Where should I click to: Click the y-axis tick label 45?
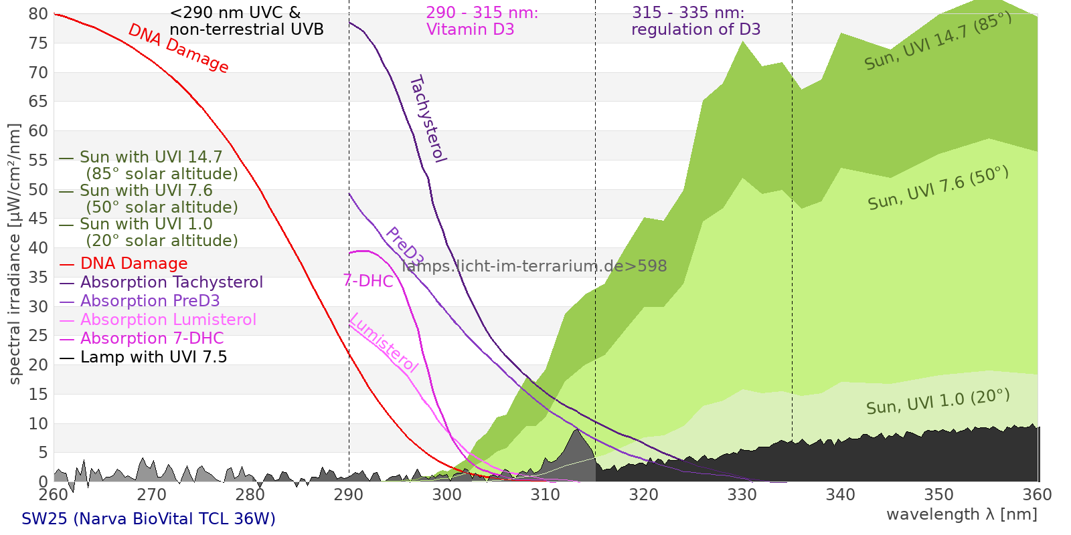click(38, 219)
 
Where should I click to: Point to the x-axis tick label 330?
click(742, 495)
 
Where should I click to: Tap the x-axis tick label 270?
click(151, 495)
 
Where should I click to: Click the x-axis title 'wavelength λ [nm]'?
click(962, 515)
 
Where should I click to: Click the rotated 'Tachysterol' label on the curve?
click(428, 119)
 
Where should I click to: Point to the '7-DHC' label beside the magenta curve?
click(368, 281)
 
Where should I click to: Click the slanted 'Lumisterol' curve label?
click(384, 343)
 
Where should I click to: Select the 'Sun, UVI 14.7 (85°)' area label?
click(938, 41)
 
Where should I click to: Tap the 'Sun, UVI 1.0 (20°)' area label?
click(938, 402)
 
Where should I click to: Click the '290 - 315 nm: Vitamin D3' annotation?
click(482, 21)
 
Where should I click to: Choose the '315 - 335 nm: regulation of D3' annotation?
click(695, 21)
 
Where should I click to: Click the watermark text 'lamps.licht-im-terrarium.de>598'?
click(535, 266)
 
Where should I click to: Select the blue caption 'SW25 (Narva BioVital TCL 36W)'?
click(149, 519)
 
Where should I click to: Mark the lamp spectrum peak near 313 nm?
click(577, 429)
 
